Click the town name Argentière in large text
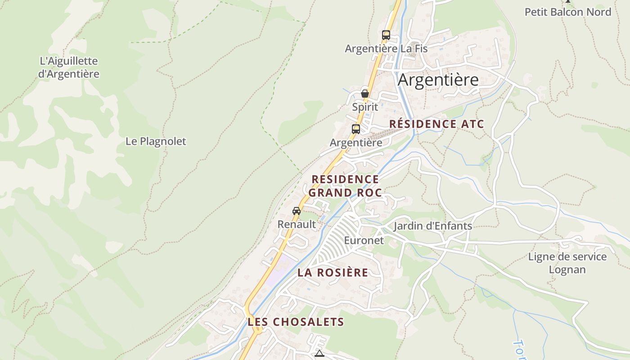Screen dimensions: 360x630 (438, 80)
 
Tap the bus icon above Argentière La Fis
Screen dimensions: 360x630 (386, 35)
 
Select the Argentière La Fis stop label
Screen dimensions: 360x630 (386, 49)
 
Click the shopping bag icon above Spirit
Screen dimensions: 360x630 (365, 94)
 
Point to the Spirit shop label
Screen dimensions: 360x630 (365, 107)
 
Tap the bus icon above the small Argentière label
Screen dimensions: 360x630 (355, 129)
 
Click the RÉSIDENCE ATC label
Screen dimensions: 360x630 (436, 124)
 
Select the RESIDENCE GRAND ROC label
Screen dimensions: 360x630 (345, 186)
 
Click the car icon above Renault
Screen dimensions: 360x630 (296, 211)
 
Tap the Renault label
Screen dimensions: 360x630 (297, 224)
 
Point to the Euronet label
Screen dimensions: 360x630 (364, 240)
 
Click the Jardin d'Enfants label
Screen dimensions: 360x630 (432, 226)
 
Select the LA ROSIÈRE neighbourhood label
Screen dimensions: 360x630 (333, 273)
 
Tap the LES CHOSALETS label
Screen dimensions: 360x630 (296, 322)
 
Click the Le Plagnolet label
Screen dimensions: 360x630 (156, 141)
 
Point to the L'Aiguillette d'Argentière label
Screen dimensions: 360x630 (68, 67)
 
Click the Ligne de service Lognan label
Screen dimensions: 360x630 (567, 263)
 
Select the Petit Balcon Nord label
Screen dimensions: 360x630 (568, 12)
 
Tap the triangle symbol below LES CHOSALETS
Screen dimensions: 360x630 (319, 354)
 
